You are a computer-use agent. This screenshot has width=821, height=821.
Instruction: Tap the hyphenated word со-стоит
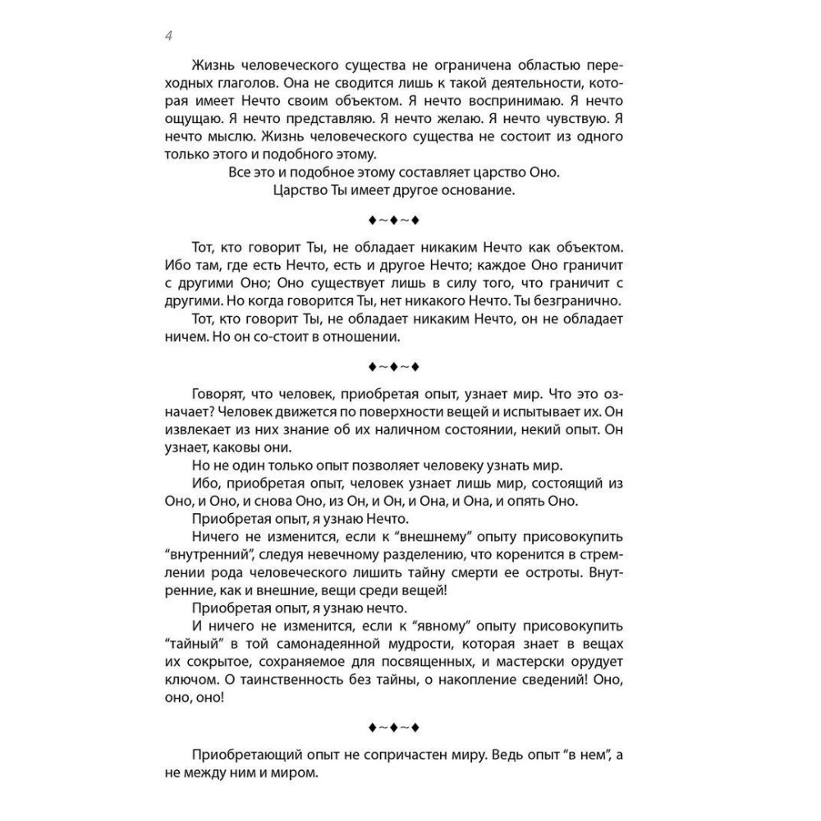pyautogui.click(x=298, y=337)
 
